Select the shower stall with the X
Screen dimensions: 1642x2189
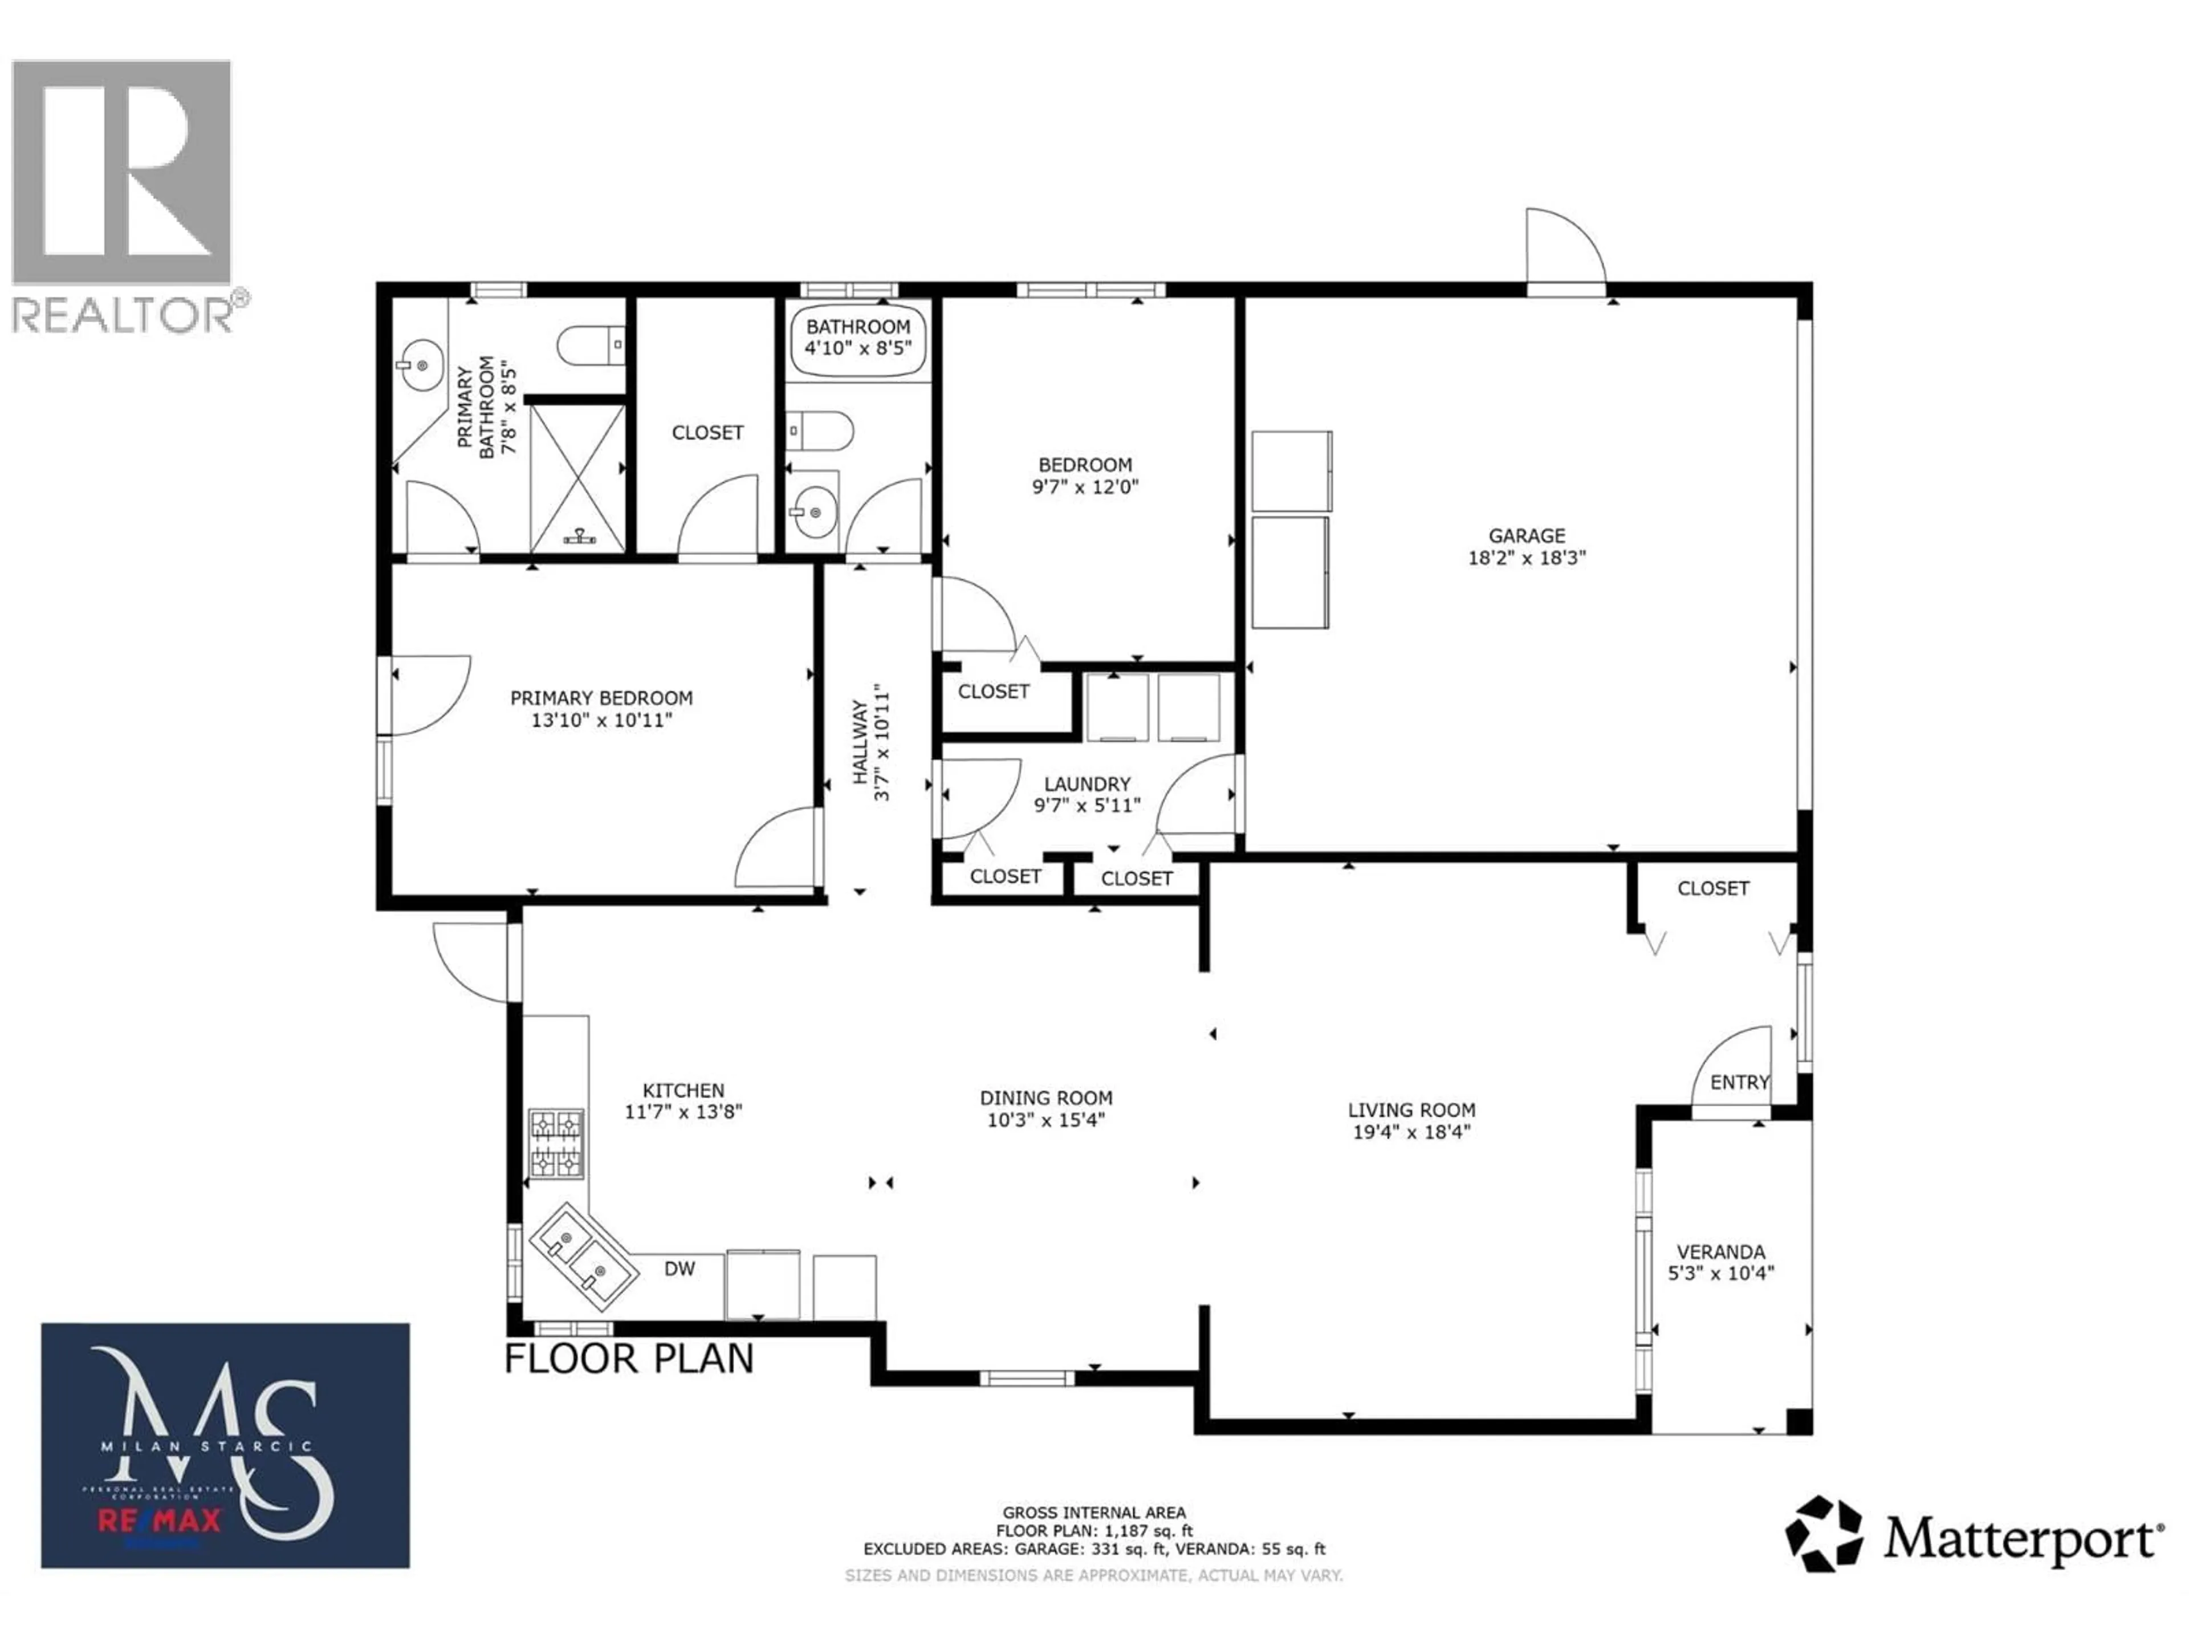click(578, 478)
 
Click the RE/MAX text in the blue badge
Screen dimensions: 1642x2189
click(158, 1520)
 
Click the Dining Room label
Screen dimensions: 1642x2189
click(1046, 1098)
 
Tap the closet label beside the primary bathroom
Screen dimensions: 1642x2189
click(706, 433)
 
